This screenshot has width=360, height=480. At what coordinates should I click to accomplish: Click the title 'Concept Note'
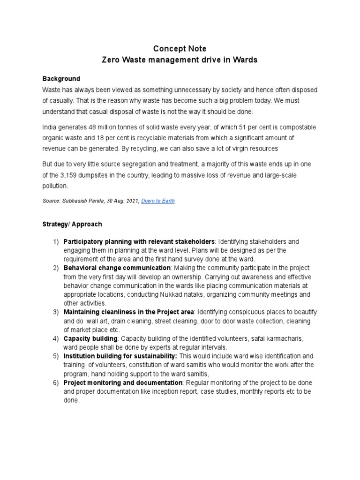[180, 49]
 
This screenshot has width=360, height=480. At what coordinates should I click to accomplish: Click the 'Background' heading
[61, 79]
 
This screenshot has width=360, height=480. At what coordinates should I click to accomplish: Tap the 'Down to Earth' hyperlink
[158, 201]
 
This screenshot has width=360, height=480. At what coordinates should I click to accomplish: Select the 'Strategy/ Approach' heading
[72, 225]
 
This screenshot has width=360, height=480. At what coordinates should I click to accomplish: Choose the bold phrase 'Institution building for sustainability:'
[120, 356]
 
